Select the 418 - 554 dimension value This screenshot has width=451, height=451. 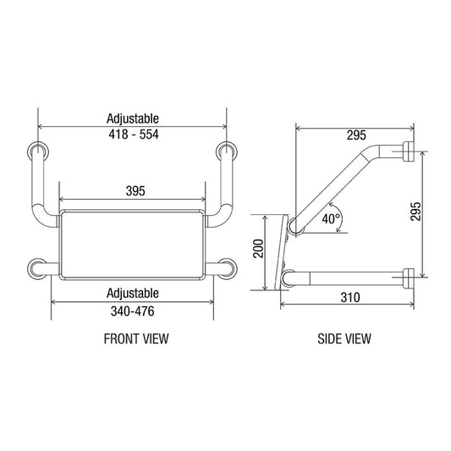click(133, 135)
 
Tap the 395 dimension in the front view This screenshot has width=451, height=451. click(131, 192)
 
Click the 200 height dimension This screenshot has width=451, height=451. click(260, 249)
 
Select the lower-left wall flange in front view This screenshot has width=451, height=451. click(36, 269)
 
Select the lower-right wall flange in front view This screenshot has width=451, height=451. click(227, 269)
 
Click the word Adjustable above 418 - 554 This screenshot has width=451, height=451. click(133, 119)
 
